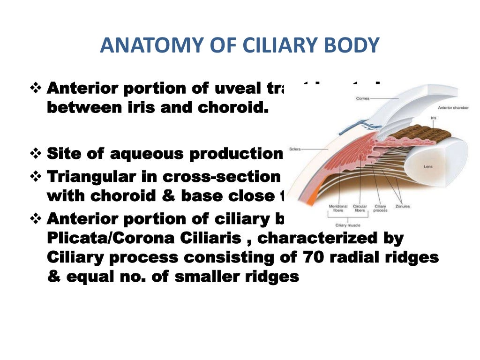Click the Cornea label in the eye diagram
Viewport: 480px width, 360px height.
[x=363, y=98]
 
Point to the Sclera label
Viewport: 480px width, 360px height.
[x=295, y=149]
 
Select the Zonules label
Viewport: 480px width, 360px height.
[x=402, y=206]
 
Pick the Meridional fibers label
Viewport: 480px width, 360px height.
[x=338, y=208]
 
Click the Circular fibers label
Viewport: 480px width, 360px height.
[x=360, y=208]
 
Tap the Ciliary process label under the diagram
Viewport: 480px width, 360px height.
[x=380, y=208]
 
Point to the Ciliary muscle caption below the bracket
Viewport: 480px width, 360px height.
[x=347, y=225]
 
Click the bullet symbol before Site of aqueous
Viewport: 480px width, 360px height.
[x=36, y=153]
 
